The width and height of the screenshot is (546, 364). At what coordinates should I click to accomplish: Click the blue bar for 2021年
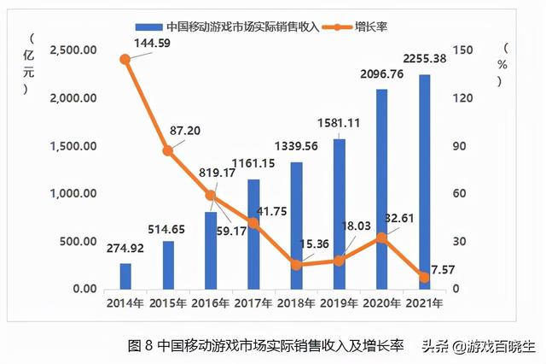[424, 182]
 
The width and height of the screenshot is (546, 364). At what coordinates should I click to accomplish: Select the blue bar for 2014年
[125, 276]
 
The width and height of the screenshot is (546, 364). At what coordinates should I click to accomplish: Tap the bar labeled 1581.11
[339, 214]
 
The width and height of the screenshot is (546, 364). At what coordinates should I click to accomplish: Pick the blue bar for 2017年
[253, 234]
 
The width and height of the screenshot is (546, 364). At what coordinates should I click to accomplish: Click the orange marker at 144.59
[125, 59]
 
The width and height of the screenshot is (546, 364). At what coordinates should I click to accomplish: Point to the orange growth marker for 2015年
[168, 150]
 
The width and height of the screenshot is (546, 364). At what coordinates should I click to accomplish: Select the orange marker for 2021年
[424, 277]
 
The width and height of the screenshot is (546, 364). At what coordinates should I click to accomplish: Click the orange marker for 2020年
[381, 238]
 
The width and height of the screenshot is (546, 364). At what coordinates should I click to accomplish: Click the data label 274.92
[125, 250]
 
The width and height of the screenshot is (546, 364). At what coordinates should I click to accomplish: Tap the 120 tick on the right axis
[462, 97]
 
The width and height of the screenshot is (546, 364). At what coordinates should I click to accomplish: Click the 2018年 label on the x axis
[296, 302]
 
